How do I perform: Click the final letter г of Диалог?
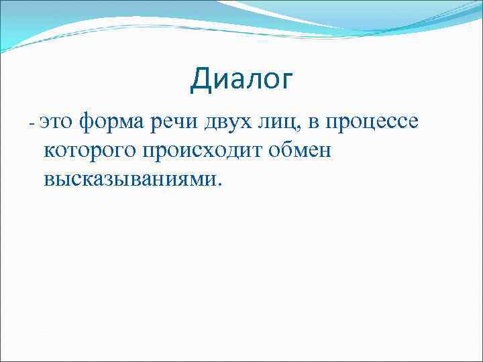click(286, 82)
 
